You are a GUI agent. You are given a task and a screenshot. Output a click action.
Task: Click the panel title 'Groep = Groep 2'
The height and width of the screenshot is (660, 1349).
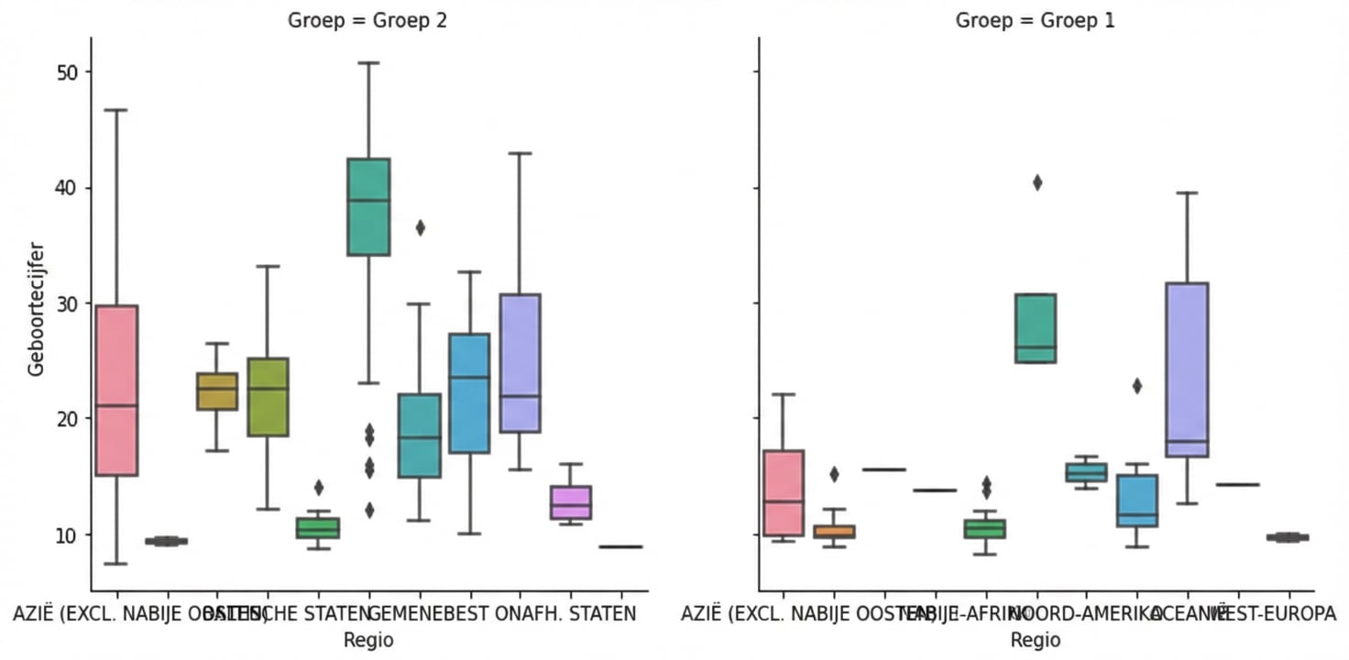coord(367,20)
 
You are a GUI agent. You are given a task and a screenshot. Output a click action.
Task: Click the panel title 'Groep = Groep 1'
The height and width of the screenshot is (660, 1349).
coord(1036,20)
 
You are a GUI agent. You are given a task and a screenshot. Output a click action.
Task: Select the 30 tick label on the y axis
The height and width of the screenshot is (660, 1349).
coord(68,303)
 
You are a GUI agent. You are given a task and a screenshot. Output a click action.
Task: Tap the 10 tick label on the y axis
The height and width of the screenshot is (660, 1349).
coord(68,534)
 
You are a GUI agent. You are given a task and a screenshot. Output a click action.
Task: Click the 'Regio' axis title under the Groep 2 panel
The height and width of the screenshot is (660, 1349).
coord(368,640)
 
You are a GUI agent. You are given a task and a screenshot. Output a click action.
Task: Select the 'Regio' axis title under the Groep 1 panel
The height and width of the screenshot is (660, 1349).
coord(1036,640)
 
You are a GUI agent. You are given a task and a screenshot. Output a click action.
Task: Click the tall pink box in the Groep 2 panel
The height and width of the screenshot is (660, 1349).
coord(116,390)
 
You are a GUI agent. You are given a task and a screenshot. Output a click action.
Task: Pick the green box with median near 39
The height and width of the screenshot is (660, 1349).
coord(368,207)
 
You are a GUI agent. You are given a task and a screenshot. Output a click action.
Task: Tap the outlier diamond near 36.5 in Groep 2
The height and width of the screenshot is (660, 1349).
coord(420,228)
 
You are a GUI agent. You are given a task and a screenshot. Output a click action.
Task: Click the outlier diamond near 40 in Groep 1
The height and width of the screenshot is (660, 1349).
coord(1036,182)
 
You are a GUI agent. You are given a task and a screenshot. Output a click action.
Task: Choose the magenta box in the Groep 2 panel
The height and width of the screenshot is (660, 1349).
coord(571,502)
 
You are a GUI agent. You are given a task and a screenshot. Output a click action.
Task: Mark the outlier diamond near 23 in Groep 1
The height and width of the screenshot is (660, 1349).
coord(1137,386)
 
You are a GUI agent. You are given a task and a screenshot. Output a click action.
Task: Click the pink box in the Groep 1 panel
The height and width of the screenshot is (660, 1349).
coord(784,493)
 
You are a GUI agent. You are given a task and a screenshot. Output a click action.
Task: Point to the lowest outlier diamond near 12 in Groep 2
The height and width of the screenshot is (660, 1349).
coord(369,511)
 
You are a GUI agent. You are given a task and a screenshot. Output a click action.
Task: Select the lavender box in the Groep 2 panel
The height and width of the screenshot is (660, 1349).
coord(520,363)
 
